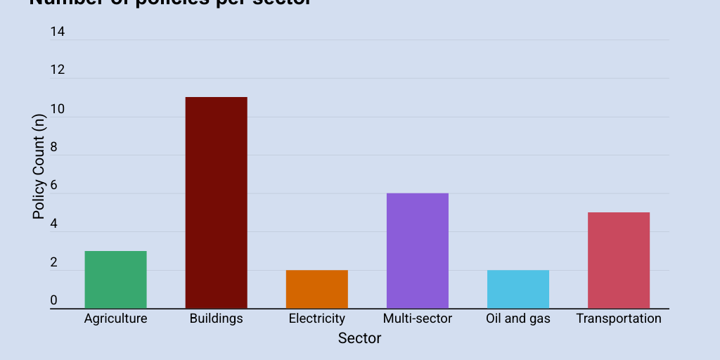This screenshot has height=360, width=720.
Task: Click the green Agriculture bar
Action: pyautogui.click(x=115, y=279)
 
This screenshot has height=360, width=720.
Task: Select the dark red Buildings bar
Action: pyautogui.click(x=216, y=202)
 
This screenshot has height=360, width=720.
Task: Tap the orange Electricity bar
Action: pyautogui.click(x=316, y=289)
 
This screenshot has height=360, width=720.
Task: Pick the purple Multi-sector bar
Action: pyautogui.click(x=418, y=250)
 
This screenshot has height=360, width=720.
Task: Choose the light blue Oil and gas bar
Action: pyautogui.click(x=518, y=289)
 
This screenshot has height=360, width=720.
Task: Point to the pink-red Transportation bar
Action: pyautogui.click(x=619, y=260)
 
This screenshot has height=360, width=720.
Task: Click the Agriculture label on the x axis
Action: pyautogui.click(x=115, y=319)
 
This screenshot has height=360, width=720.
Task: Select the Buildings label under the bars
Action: pyautogui.click(x=216, y=319)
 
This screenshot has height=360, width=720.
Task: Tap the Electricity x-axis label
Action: pyautogui.click(x=316, y=319)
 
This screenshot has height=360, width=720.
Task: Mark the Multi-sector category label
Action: pyautogui.click(x=418, y=319)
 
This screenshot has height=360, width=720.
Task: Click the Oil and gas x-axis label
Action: pyautogui.click(x=518, y=319)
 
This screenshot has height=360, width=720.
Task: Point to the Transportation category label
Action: pyautogui.click(x=619, y=319)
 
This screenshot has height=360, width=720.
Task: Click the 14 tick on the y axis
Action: pyautogui.click(x=58, y=32)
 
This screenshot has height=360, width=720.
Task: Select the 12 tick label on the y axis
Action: pyautogui.click(x=58, y=70)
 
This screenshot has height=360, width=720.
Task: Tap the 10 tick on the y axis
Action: pyautogui.click(x=58, y=109)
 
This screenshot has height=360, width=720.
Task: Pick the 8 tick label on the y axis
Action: pyautogui.click(x=54, y=148)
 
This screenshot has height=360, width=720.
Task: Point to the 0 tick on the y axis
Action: pyautogui.click(x=54, y=301)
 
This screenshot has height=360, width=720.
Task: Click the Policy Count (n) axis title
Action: pyautogui.click(x=39, y=167)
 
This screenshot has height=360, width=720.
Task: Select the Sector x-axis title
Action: pyautogui.click(x=359, y=338)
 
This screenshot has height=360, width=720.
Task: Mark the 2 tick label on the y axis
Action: pyautogui.click(x=54, y=263)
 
